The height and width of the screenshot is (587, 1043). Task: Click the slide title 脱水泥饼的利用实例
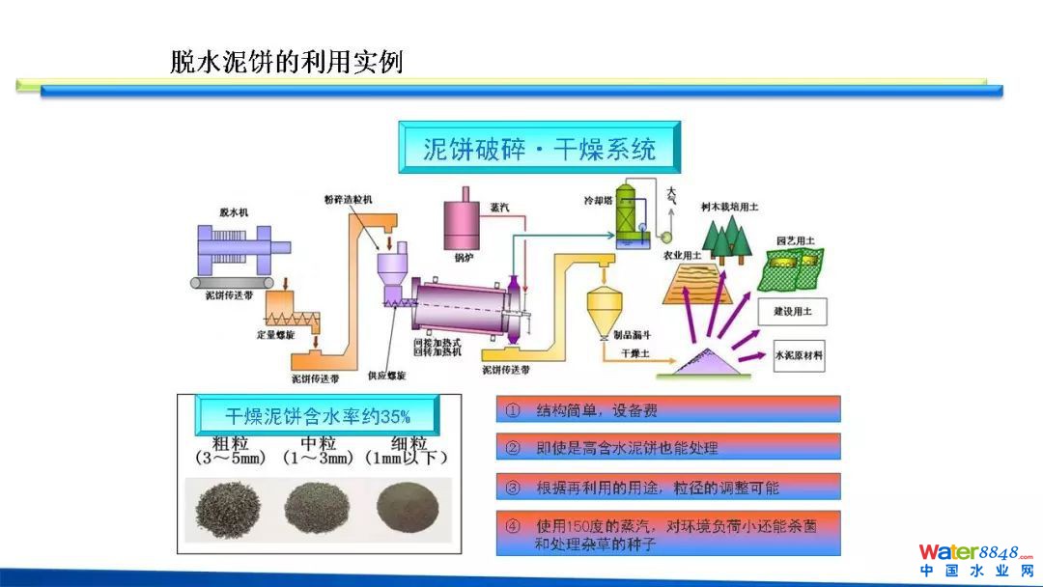(286, 62)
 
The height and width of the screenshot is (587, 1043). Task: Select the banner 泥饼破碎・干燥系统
(539, 149)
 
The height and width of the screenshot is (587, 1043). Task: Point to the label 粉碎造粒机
(348, 199)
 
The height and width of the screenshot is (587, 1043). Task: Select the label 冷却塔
(597, 203)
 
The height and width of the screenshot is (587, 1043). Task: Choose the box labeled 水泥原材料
(799, 354)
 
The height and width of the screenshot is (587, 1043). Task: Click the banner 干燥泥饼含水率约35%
(317, 416)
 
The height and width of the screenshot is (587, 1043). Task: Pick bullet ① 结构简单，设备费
(668, 410)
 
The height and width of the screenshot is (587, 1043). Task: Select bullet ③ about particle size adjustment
(668, 487)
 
